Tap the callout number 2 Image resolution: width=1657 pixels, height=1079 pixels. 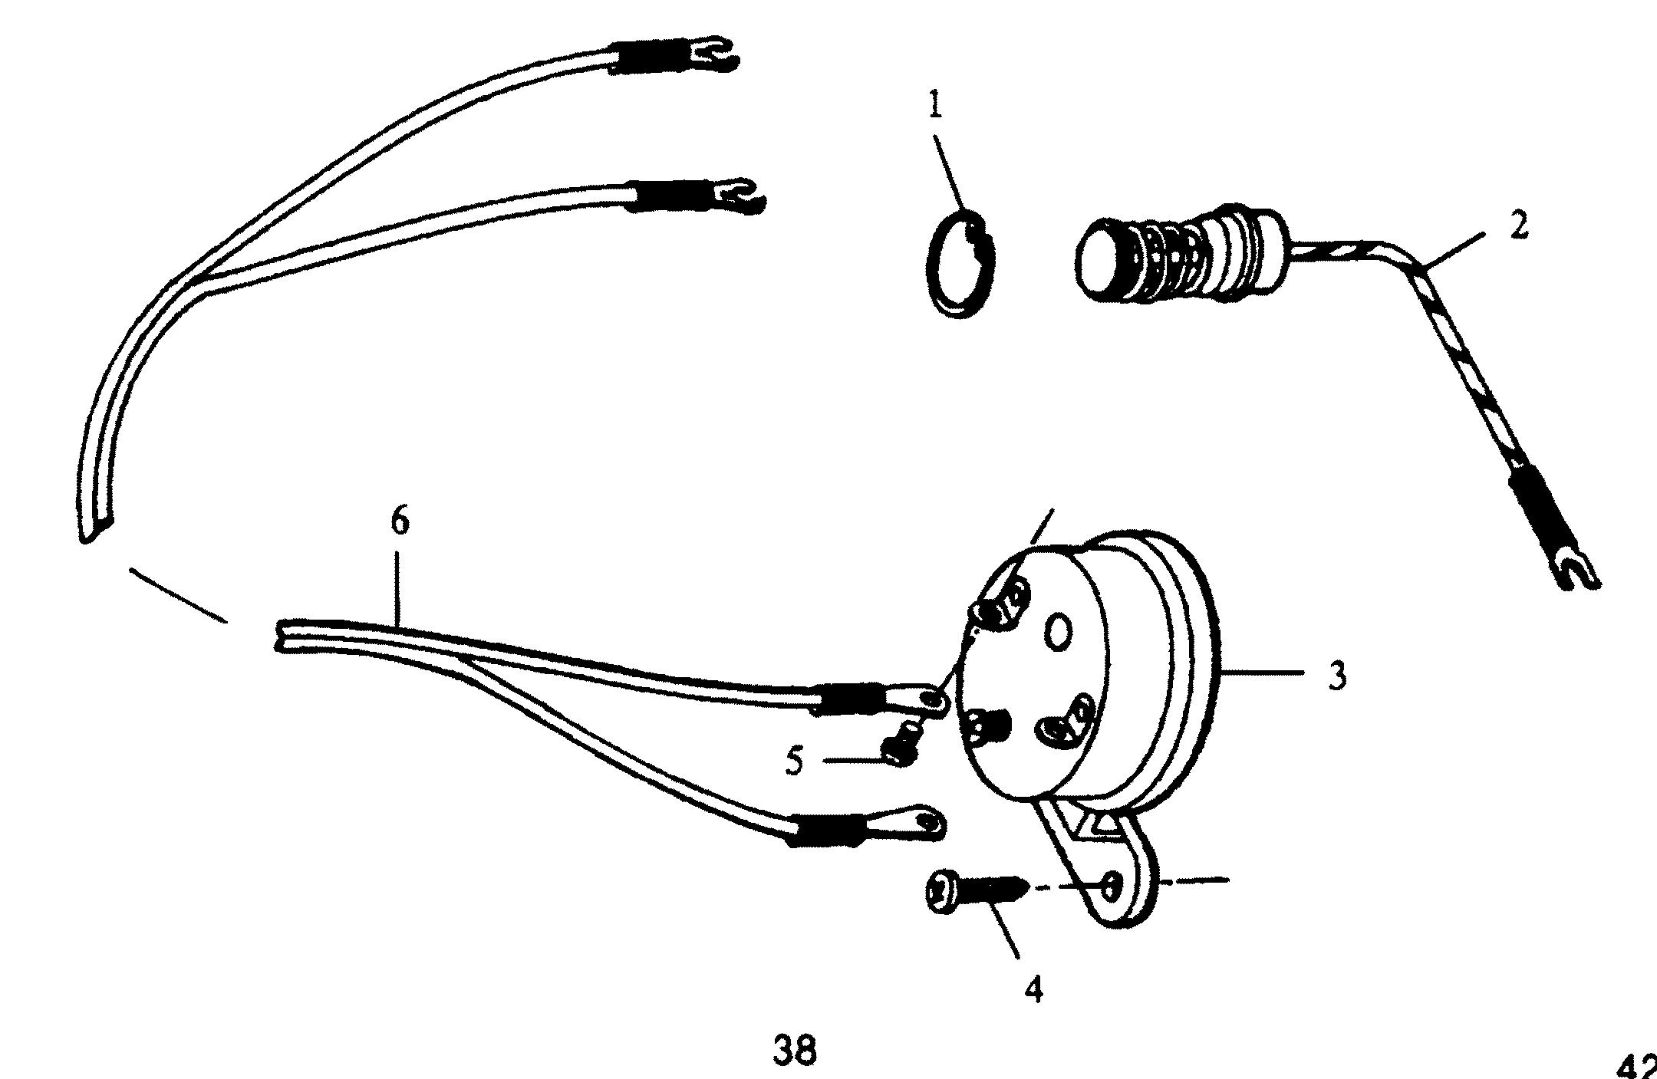pyautogui.click(x=1518, y=225)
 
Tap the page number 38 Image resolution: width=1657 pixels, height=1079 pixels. pyautogui.click(x=794, y=1051)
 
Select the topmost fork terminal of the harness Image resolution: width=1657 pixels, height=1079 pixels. pyautogui.click(x=713, y=54)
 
